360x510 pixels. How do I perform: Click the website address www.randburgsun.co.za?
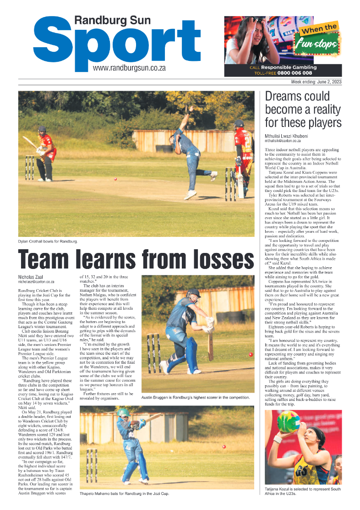[129, 68]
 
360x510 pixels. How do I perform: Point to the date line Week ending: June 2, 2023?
[316, 82]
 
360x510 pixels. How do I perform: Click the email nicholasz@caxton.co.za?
[36, 282]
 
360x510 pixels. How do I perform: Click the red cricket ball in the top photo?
[115, 179]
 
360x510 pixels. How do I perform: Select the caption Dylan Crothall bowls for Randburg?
[48, 241]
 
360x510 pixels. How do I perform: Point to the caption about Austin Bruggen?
[196, 397]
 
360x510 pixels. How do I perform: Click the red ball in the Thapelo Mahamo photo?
[224, 447]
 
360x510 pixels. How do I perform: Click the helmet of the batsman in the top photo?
[42, 130]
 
